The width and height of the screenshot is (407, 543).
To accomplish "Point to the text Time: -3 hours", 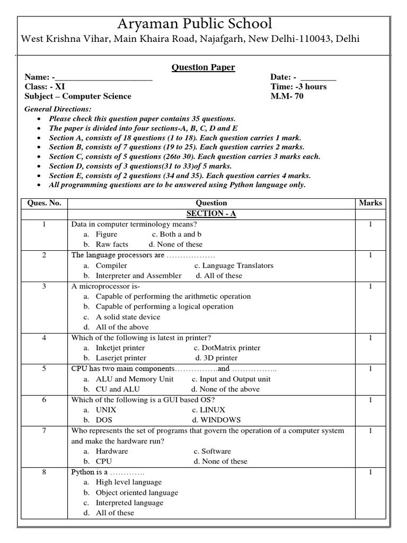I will [x=298, y=86].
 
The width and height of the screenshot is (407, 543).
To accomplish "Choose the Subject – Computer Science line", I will [x=78, y=97].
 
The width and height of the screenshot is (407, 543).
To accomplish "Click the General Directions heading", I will [x=58, y=109].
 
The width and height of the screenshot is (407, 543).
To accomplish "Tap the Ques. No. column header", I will [x=45, y=203].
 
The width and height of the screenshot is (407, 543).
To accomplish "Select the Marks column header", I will [x=370, y=203].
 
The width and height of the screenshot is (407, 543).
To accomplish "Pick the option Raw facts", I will [x=112, y=244].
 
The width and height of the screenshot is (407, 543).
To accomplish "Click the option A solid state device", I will [x=128, y=317].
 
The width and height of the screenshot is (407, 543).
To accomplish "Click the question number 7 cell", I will [x=45, y=431].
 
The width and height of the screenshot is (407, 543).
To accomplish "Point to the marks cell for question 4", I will [x=370, y=338].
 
